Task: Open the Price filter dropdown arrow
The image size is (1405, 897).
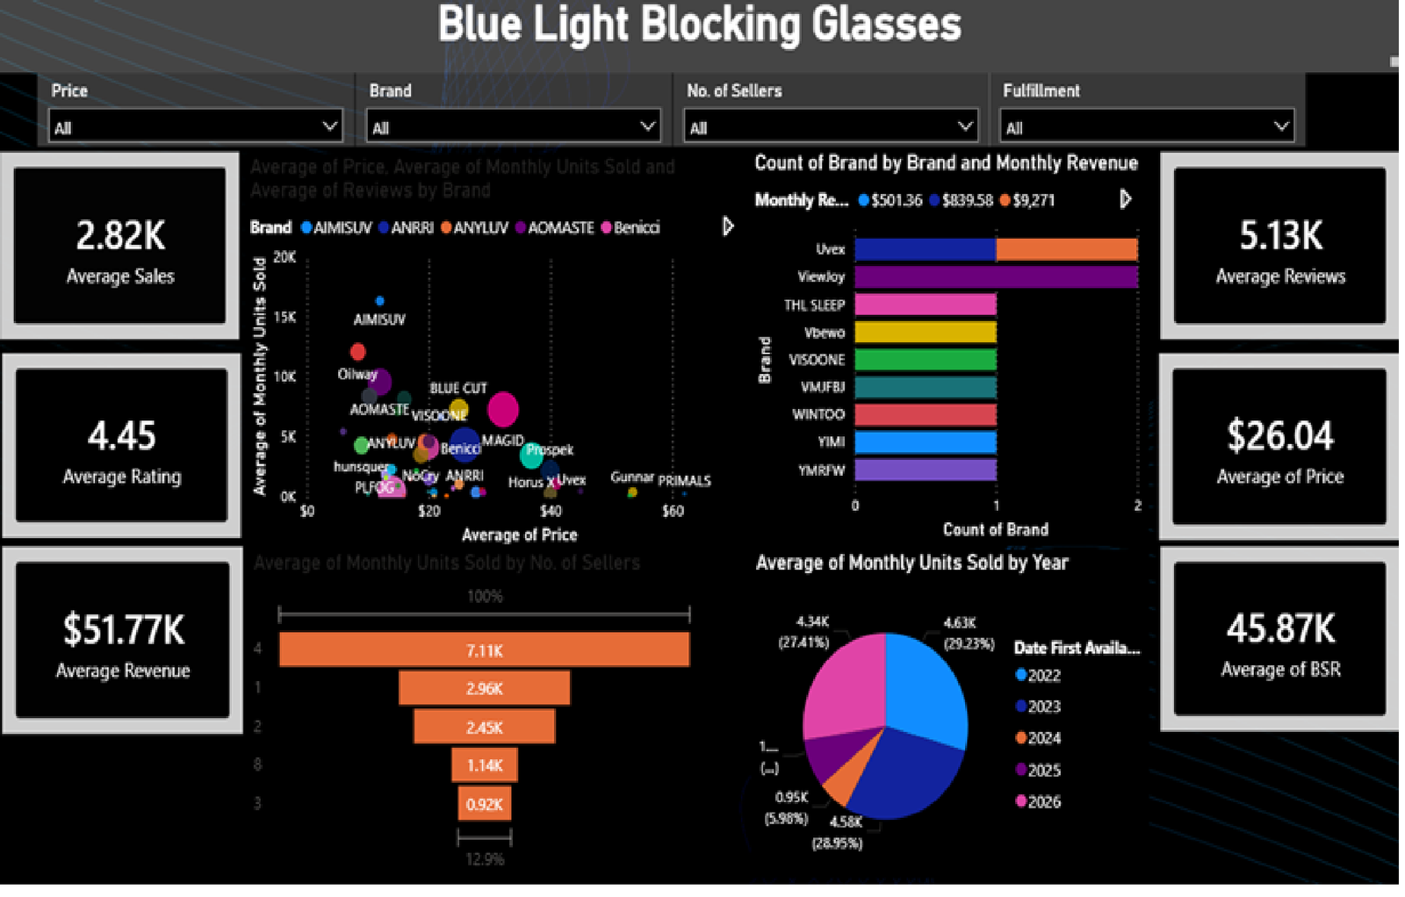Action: [x=329, y=126]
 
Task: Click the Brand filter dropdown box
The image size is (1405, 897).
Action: [x=512, y=127]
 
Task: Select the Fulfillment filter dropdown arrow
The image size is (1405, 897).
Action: [x=1281, y=126]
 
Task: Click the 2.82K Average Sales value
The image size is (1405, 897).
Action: [x=120, y=235]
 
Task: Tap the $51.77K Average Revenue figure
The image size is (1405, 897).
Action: [x=123, y=629]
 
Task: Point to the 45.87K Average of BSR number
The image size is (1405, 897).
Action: [x=1280, y=628]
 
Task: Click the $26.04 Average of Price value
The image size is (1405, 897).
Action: [x=1279, y=435]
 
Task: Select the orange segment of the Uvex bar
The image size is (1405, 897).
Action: [x=1067, y=249]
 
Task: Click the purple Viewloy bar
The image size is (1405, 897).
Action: [x=996, y=277]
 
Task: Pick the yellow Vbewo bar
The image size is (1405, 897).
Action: [x=925, y=333]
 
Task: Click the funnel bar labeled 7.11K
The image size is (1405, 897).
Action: [x=484, y=650]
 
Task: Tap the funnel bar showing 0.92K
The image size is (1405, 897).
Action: [x=484, y=804]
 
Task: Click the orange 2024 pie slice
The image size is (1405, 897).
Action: [x=845, y=779]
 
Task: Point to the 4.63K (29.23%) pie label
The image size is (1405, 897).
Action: [x=968, y=633]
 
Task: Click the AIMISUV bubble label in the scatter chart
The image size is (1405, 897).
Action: [x=379, y=319]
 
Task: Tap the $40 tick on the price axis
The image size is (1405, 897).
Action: [x=550, y=511]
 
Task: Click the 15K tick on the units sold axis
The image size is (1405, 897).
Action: [x=285, y=317]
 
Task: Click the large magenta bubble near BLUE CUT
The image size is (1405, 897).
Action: [x=503, y=408]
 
